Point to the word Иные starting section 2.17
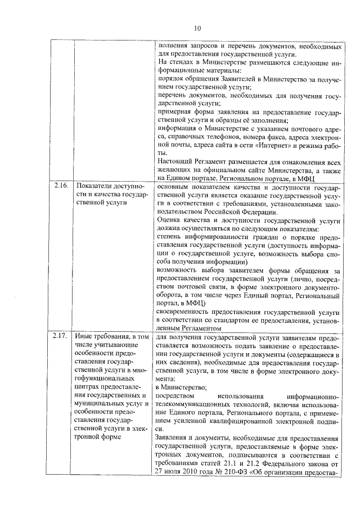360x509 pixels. tap(84, 336)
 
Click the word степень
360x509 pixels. tap(171, 238)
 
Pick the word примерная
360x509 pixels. tap(175, 111)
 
